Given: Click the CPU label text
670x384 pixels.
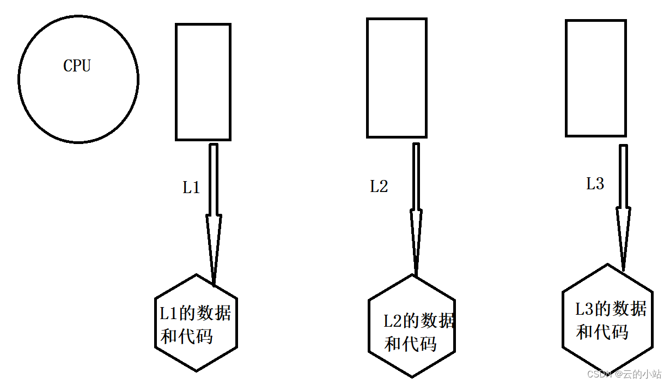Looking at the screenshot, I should click(77, 66).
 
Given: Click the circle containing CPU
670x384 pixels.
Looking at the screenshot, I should click(78, 104).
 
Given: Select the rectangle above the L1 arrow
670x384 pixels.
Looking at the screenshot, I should click(203, 82).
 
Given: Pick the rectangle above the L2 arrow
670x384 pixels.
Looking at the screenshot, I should click(396, 77).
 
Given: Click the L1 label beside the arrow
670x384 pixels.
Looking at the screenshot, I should click(191, 188).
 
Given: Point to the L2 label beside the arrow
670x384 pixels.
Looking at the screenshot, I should click(379, 187).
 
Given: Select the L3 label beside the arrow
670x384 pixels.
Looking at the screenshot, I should click(595, 184).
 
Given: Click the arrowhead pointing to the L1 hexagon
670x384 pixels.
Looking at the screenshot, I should click(214, 245).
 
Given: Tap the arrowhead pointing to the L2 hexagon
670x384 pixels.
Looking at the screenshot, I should click(416, 240).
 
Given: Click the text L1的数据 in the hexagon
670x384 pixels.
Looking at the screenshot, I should click(195, 314).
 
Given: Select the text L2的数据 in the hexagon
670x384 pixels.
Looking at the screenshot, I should click(418, 321).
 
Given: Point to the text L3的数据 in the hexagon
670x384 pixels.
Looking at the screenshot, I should click(611, 309).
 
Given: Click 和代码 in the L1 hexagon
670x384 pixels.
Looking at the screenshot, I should click(186, 336).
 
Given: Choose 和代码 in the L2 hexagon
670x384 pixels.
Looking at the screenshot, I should click(411, 344).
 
